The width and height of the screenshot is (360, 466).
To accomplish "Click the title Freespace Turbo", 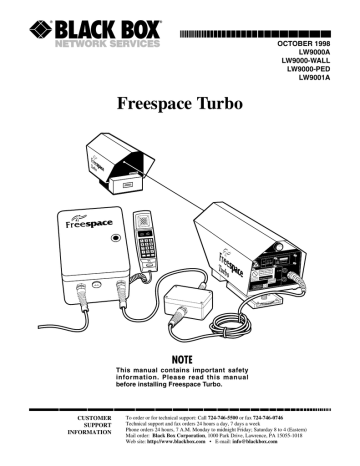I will (180, 103).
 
